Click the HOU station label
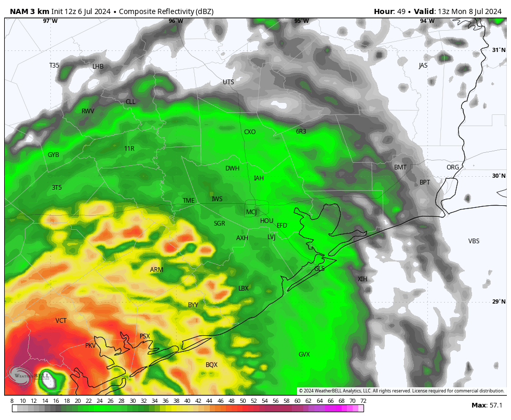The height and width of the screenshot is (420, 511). coord(266,221)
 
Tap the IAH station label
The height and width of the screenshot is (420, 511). coord(259,178)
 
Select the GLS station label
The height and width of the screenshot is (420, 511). coord(319,269)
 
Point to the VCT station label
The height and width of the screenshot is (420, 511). coord(61,321)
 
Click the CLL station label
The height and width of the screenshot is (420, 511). coord(130,102)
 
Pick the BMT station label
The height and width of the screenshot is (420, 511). coord(400,167)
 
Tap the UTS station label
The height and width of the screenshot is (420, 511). coord(228,82)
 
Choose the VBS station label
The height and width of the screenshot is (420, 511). coord(474,241)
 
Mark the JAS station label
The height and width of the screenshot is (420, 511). coord(423,65)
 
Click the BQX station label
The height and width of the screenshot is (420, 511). coord(211,365)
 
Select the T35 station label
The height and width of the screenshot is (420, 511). coord(54,65)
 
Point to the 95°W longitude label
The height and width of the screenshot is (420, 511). coord(301,21)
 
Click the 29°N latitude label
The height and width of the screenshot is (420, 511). coord(499,301)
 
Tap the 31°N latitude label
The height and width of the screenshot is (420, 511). coord(499,50)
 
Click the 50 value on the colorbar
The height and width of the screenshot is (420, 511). coord(243,401)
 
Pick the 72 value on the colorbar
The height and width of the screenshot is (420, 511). coord(363,401)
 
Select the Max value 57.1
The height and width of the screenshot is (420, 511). coord(496,405)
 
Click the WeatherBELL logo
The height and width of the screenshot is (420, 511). coord(29,376)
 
